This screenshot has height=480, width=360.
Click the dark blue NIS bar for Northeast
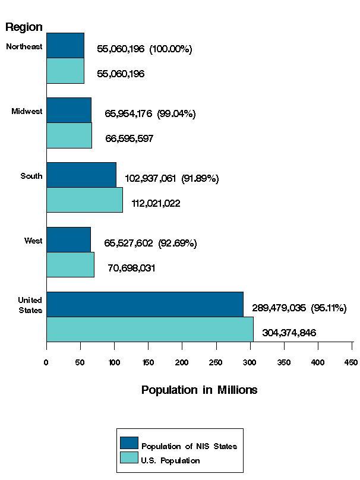pos(65,46)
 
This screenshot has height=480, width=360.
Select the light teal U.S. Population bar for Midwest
pos(69,135)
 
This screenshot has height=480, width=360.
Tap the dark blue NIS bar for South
pos(81,175)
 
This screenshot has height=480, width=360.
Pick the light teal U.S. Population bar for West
pos(70,264)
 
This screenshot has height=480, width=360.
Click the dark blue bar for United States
pos(144,304)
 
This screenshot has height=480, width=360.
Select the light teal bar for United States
pos(150,329)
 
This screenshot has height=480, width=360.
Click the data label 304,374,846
pos(289,333)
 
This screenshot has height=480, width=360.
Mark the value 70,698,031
pos(131,268)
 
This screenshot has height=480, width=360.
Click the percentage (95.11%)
pos(329,308)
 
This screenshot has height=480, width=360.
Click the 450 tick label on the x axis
pos(352,362)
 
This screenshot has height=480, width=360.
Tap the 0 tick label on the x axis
pos(46,362)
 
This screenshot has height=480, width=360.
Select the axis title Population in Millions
pos(199,390)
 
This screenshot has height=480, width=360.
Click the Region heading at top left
pos(24,27)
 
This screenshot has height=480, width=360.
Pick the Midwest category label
pos(27,112)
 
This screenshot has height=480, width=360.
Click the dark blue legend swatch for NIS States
pos(129,443)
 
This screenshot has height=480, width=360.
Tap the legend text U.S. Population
pos(170,460)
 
